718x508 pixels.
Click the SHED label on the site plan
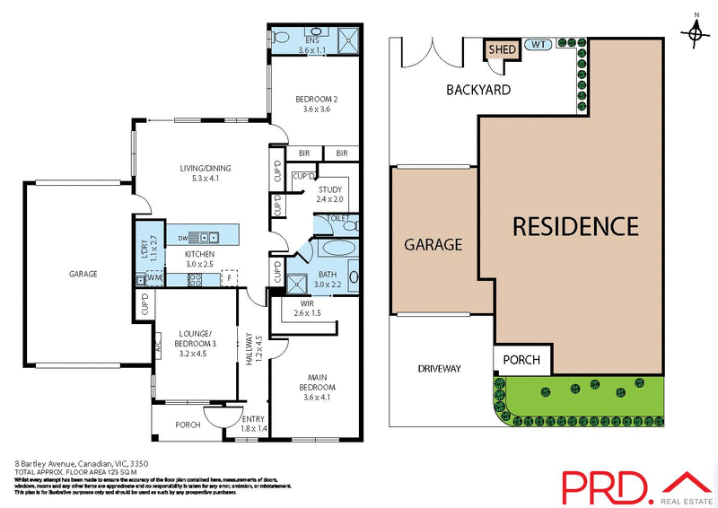(503, 49)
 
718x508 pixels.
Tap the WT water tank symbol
(538, 44)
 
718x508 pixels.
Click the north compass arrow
(696, 31)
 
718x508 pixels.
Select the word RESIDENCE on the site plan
(575, 226)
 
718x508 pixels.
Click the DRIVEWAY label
(440, 368)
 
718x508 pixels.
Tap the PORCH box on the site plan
(521, 360)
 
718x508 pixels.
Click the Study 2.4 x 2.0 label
(330, 193)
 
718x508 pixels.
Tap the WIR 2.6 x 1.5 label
(307, 309)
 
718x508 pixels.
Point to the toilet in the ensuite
(281, 38)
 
